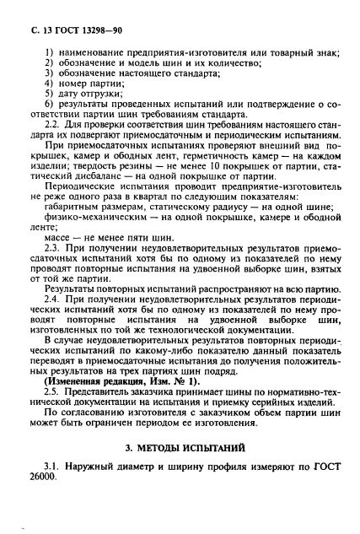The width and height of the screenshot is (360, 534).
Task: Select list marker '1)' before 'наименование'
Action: (x=47, y=56)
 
